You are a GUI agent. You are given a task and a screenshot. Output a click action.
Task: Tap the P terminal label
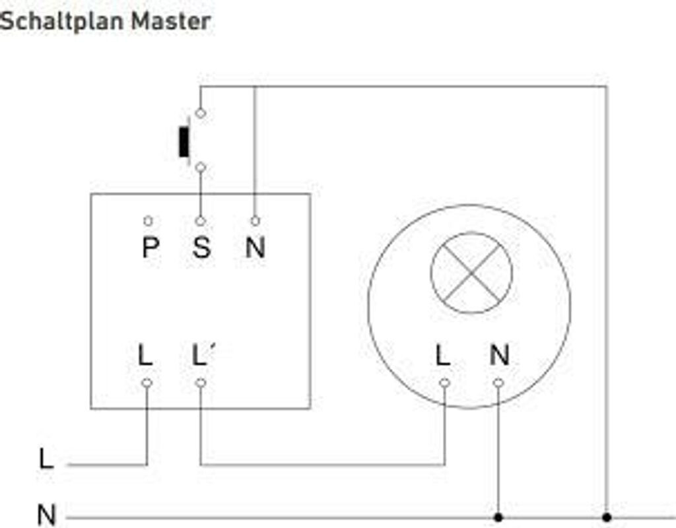pyautogui.click(x=150, y=247)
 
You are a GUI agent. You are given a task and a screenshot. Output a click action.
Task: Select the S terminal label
pyautogui.click(x=201, y=247)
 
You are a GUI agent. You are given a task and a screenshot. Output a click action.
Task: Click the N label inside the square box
pyautogui.click(x=255, y=247)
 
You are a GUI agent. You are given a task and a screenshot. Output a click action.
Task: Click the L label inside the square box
pyautogui.click(x=145, y=356)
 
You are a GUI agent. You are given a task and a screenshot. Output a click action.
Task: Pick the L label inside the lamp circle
pyautogui.click(x=443, y=356)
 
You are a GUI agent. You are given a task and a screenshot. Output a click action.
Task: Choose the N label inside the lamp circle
pyautogui.click(x=499, y=356)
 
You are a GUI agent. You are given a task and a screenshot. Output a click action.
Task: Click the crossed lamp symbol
pyautogui.click(x=471, y=272)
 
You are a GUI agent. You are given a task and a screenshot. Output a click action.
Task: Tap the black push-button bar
pyautogui.click(x=184, y=141)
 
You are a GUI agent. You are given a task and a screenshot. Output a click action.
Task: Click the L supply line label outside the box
pyautogui.click(x=46, y=459)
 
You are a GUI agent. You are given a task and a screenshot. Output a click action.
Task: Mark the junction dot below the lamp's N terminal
pyautogui.click(x=498, y=517)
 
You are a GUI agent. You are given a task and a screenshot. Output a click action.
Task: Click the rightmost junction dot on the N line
pyautogui.click(x=607, y=517)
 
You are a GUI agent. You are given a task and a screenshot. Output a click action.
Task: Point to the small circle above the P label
pyautogui.click(x=148, y=221)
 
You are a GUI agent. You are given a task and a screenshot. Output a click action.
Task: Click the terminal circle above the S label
pyautogui.click(x=201, y=221)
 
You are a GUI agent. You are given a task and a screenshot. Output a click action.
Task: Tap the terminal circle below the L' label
pyautogui.click(x=201, y=383)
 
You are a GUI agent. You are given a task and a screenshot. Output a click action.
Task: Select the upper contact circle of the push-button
pyautogui.click(x=201, y=113)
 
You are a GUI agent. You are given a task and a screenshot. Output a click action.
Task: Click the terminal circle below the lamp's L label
pyautogui.click(x=444, y=383)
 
